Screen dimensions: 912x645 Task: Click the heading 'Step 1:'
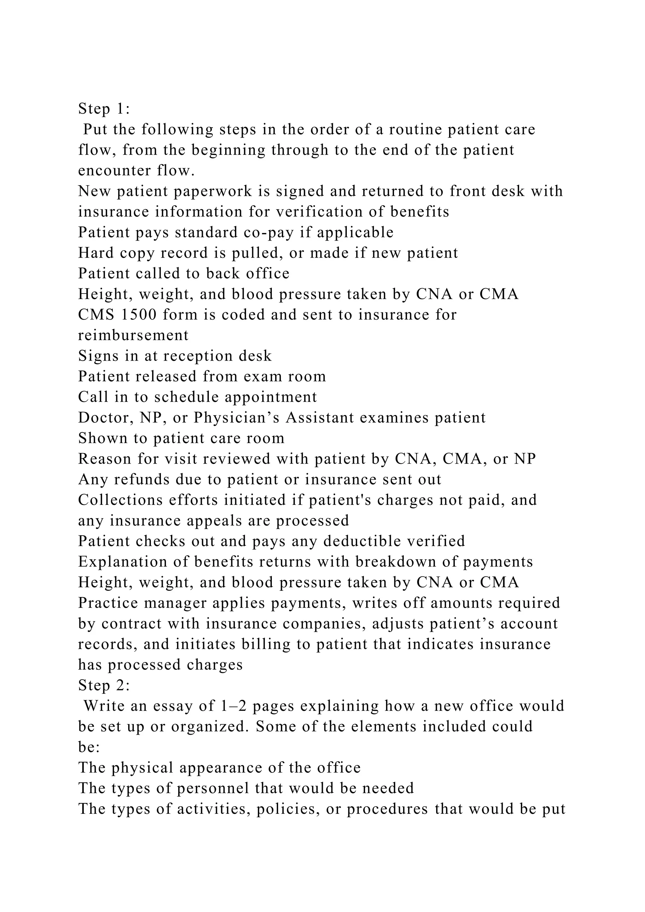(x=104, y=109)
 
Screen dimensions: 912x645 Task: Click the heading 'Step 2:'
(x=104, y=686)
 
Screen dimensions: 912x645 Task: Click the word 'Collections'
(x=120, y=500)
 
